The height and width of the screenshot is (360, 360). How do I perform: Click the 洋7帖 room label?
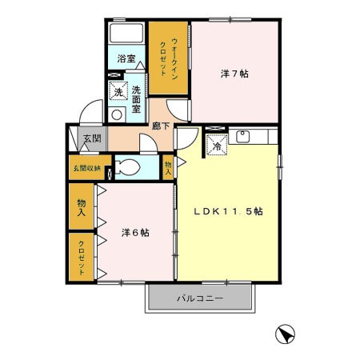click(x=234, y=74)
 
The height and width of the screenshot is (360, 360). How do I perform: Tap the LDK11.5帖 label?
click(x=228, y=211)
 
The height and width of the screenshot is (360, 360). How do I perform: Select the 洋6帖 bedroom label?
click(x=135, y=233)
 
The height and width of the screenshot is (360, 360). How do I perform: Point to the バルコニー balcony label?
click(x=200, y=298)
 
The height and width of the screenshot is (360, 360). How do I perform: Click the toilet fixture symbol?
click(x=128, y=167)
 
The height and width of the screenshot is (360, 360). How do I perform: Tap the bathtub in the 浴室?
click(x=126, y=33)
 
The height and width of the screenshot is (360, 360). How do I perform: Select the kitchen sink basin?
click(x=242, y=136)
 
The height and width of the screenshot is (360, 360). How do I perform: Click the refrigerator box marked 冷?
click(x=218, y=145)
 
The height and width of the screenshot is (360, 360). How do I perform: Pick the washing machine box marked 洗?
click(x=118, y=91)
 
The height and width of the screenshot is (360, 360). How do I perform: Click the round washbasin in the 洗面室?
click(x=117, y=115)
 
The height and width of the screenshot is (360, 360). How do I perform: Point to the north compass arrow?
click(x=285, y=334)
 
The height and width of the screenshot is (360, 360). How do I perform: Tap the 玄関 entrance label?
click(x=92, y=138)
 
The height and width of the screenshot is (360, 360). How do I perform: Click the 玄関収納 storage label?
click(x=87, y=168)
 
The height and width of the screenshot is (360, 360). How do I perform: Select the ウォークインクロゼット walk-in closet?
click(x=168, y=58)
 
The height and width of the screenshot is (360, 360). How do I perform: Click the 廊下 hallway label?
click(x=161, y=126)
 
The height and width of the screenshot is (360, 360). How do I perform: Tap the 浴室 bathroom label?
click(x=126, y=58)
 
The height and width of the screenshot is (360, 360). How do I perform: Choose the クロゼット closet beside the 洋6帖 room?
click(x=82, y=257)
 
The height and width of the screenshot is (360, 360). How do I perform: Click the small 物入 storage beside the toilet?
click(x=168, y=167)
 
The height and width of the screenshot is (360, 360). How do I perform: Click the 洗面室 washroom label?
click(x=136, y=99)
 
